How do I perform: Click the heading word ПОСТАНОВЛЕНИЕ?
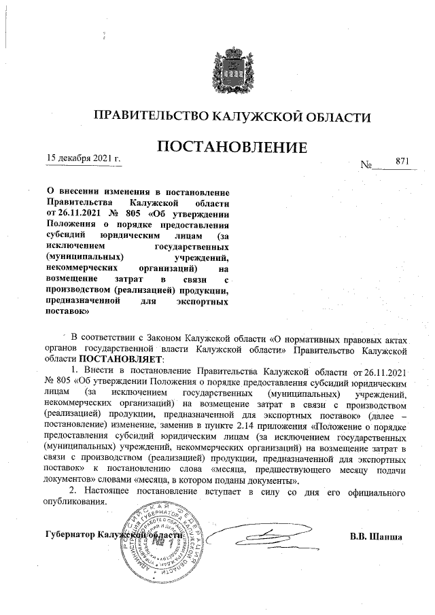click(x=233, y=147)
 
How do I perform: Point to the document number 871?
click(x=402, y=161)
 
